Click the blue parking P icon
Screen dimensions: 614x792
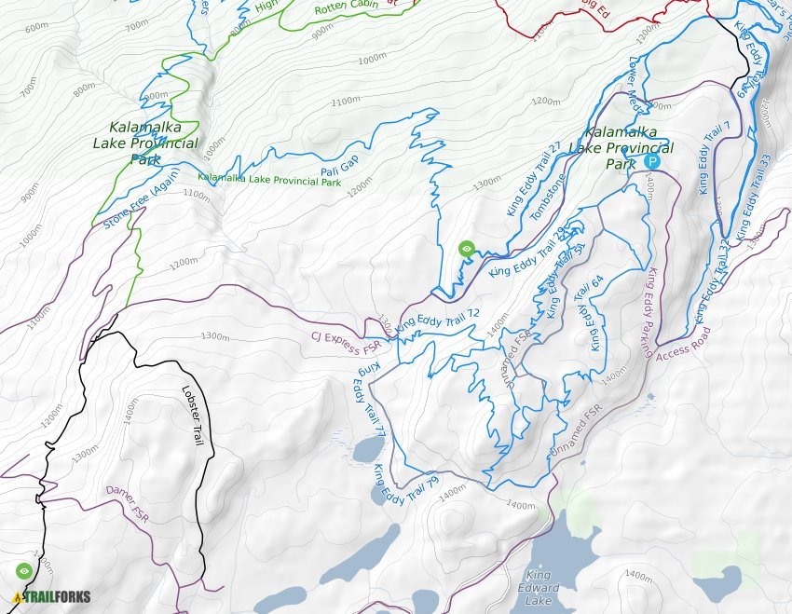(651, 161)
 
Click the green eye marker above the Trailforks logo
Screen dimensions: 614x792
(24, 570)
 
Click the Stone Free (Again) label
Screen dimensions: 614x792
(142, 204)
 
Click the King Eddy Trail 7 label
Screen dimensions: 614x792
(713, 157)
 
